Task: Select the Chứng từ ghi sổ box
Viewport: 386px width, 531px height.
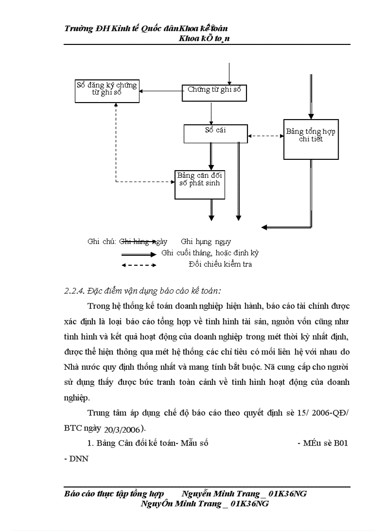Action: [x=215, y=93]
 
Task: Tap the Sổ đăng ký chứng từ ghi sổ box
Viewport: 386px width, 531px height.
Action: [x=106, y=91]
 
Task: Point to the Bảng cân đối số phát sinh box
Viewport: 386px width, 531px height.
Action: [x=199, y=184]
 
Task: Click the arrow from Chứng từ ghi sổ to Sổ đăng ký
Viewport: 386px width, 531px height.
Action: [x=161, y=92]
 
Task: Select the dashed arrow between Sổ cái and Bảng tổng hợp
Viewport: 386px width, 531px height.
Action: [x=265, y=136]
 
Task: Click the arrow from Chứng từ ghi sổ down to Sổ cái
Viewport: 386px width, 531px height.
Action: [x=211, y=113]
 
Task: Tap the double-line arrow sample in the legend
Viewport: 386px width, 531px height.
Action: [x=139, y=254]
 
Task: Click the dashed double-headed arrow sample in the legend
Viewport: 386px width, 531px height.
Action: [x=139, y=265]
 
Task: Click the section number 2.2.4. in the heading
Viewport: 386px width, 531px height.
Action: [x=74, y=290]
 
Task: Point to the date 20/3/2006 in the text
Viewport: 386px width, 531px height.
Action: [x=124, y=429]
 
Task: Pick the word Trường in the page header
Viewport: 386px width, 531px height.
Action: [x=78, y=29]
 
